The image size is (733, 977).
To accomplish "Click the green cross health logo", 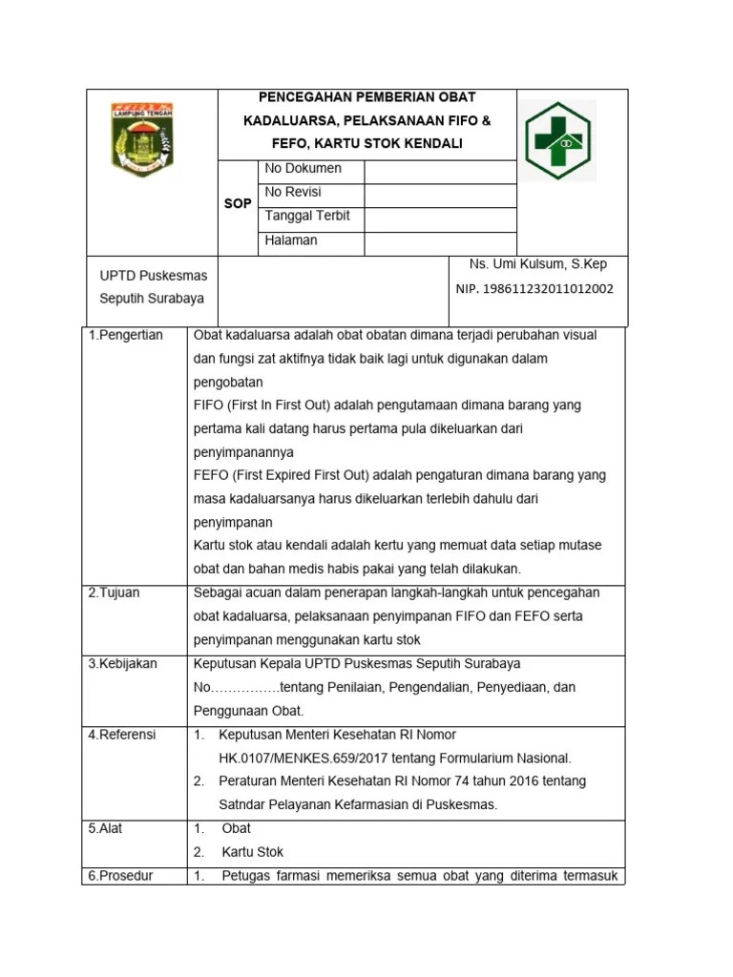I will point(563,141).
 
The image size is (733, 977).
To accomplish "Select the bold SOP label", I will point(238,204).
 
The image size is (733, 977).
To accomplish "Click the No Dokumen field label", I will point(303,169).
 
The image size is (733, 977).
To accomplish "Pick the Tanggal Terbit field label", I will point(307,216).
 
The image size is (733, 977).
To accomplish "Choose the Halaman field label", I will point(291,240).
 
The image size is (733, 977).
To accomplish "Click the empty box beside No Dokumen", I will point(440,170).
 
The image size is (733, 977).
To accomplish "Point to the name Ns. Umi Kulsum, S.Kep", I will point(537,264).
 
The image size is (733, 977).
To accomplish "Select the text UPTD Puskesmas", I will point(154,276).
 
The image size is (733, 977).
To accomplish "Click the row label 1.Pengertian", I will point(126,335).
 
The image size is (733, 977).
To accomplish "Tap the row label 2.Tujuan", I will point(114,592).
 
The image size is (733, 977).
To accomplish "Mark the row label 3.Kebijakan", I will point(122,663).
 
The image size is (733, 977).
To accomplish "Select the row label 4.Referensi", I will point(122,735).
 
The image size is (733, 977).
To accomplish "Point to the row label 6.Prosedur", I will point(120,876).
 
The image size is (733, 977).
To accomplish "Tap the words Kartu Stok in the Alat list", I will point(253,852).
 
